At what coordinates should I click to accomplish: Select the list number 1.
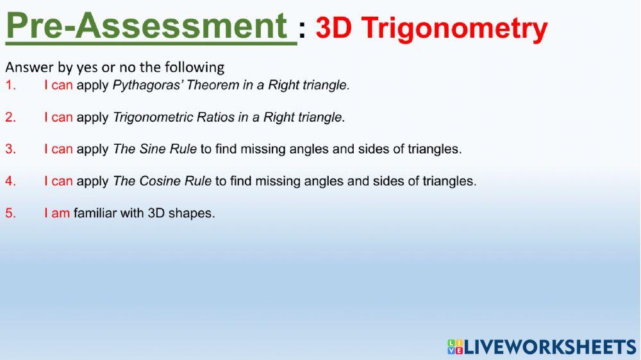click(10, 85)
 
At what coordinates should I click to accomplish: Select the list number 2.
click(10, 117)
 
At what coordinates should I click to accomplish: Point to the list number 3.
click(10, 149)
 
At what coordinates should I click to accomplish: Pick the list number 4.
click(10, 181)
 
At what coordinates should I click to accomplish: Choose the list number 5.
click(10, 213)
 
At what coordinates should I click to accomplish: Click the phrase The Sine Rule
click(154, 149)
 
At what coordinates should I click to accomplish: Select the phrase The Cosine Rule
click(162, 181)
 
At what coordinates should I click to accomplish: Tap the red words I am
click(56, 213)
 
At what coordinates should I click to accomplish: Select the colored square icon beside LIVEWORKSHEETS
click(455, 347)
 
